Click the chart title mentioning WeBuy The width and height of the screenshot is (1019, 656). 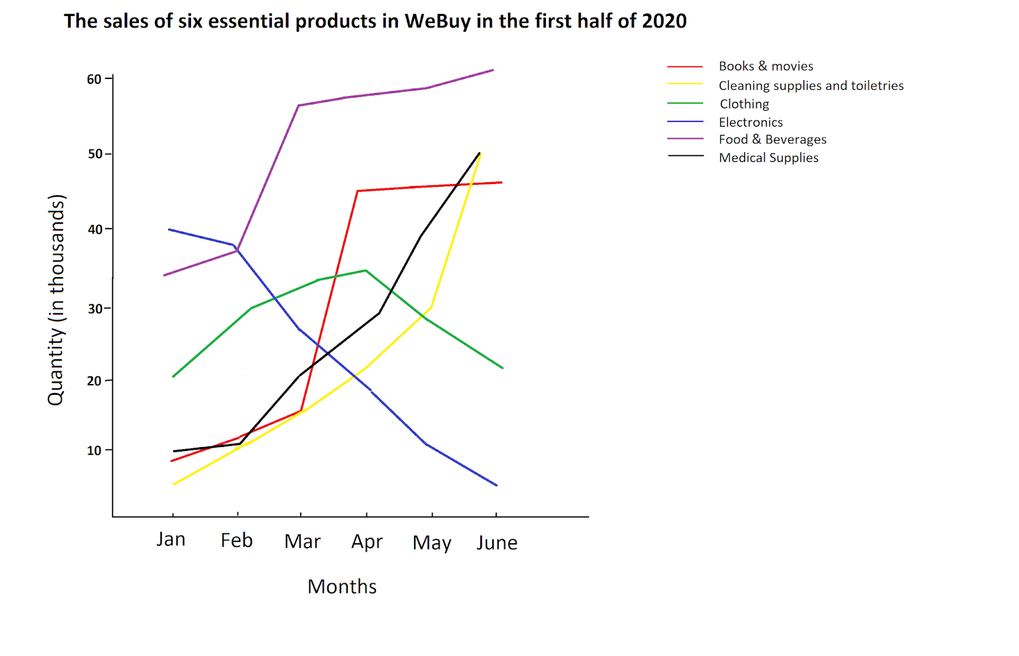click(375, 21)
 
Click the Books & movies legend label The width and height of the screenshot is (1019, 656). click(766, 66)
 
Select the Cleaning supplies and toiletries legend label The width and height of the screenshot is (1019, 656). click(811, 85)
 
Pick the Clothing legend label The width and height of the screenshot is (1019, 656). click(744, 104)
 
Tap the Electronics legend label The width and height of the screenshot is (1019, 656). click(750, 122)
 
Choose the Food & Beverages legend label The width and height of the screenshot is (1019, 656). click(773, 139)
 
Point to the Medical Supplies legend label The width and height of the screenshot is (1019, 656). click(768, 158)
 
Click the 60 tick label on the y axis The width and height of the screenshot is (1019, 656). click(94, 79)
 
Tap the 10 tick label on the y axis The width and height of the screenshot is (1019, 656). click(94, 450)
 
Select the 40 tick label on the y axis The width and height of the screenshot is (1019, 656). click(94, 229)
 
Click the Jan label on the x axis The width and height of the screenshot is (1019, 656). click(171, 539)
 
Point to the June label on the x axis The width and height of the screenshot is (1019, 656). click(497, 543)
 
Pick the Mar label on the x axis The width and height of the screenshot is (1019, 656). click(302, 541)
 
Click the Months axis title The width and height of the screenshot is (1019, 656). click(342, 587)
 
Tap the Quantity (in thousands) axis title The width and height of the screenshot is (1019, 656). click(57, 299)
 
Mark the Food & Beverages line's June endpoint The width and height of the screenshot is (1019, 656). click(493, 70)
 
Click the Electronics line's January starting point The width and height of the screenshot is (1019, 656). click(169, 229)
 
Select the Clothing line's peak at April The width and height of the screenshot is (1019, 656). click(366, 270)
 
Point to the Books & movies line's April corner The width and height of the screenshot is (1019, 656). click(358, 190)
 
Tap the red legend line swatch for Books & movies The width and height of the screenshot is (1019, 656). click(685, 66)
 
